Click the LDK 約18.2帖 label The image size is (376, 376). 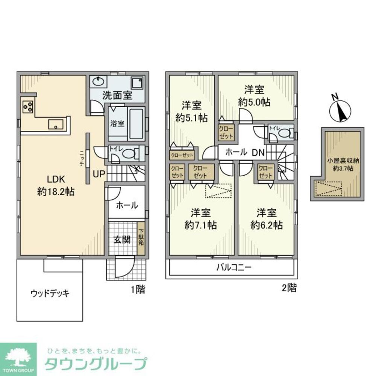(x=56, y=185)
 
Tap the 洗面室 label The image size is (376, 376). (x=117, y=95)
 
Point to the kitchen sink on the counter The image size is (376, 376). (x=56, y=124)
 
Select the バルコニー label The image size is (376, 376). (x=233, y=268)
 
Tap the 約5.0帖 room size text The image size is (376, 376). (x=255, y=102)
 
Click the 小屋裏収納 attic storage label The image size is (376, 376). (x=343, y=161)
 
